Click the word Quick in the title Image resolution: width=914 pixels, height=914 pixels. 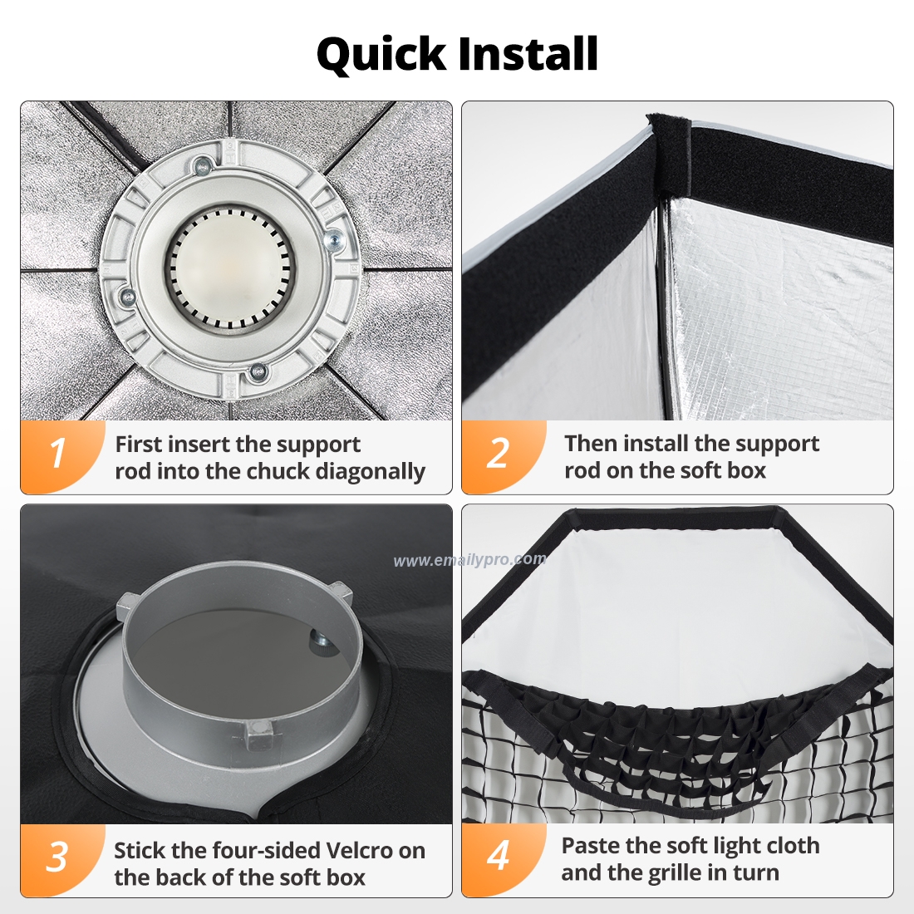(x=381, y=55)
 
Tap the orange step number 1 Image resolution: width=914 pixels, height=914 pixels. (x=57, y=455)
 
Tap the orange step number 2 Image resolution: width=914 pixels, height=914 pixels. (x=498, y=455)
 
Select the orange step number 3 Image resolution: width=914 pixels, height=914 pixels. (x=57, y=857)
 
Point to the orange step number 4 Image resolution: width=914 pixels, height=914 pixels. (x=498, y=856)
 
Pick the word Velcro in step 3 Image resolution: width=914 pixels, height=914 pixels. (x=361, y=851)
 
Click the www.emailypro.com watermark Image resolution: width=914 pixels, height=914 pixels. (x=469, y=560)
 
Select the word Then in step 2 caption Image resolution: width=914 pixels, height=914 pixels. (x=591, y=444)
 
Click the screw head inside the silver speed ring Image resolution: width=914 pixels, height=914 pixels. (x=319, y=640)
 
